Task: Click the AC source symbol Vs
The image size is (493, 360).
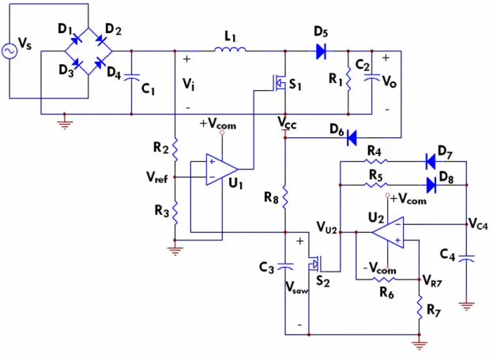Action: [9, 51]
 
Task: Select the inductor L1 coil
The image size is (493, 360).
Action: [230, 49]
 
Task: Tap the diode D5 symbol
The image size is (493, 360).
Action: [321, 51]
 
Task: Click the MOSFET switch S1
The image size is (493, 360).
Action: [279, 83]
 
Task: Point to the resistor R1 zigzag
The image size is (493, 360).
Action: [348, 79]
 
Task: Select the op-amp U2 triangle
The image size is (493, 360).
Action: [388, 232]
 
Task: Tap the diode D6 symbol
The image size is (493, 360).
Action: [352, 137]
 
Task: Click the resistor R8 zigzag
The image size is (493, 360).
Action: [285, 197]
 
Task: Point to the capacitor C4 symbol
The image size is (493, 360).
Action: [467, 258]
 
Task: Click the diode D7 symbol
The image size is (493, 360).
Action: [431, 162]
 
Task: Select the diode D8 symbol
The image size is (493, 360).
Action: [431, 185]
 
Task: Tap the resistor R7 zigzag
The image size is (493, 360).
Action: [420, 307]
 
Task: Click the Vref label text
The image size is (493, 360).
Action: [157, 177]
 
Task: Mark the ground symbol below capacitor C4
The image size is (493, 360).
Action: [467, 306]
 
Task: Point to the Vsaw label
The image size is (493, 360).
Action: [296, 287]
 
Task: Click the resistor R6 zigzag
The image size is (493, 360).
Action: [384, 279]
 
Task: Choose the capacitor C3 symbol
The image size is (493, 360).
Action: [285, 267]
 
